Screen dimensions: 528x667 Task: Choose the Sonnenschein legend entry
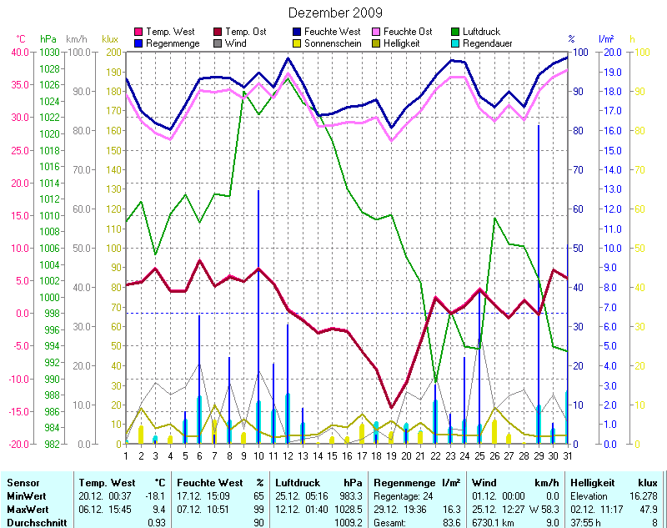tap(327, 43)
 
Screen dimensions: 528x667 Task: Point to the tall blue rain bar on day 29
tap(539, 284)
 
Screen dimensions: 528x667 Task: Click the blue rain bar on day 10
tap(258, 317)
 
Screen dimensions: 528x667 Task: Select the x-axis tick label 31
tap(568, 455)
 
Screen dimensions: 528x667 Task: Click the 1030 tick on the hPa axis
tap(49, 52)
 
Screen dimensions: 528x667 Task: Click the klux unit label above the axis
tap(110, 39)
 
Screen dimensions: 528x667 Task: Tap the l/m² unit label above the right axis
tap(606, 39)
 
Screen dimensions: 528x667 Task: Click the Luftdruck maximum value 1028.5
tap(349, 509)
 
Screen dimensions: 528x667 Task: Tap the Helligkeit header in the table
tap(592, 483)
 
